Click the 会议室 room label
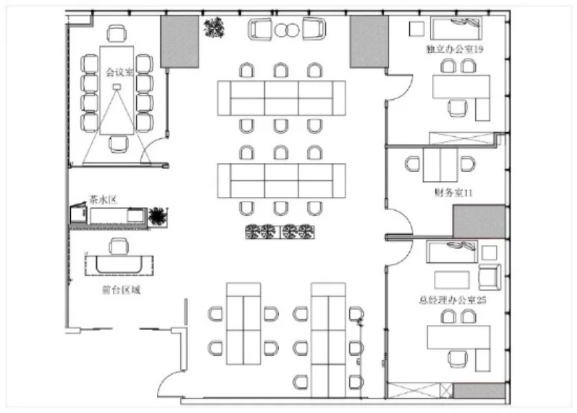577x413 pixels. click(119, 72)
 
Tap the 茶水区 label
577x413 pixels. click(103, 200)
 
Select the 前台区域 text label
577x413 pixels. click(121, 290)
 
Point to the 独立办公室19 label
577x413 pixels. click(455, 49)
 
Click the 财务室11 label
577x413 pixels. click(453, 192)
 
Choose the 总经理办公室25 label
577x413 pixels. click(453, 300)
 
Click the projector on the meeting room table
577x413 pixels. click(117, 87)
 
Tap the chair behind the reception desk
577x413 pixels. click(118, 246)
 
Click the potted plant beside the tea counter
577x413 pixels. click(158, 216)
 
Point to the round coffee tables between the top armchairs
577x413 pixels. click(287, 30)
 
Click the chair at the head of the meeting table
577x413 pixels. click(117, 33)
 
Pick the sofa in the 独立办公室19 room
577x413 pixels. click(456, 28)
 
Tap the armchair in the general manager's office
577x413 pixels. click(490, 277)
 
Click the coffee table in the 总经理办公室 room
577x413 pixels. click(452, 280)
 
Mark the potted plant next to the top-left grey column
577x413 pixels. click(214, 28)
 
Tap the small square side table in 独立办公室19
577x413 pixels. click(417, 29)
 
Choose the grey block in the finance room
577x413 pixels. click(479, 222)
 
